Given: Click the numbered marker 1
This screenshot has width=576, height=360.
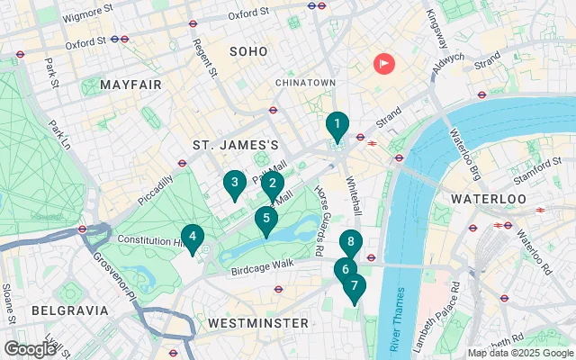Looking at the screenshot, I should point(336,125).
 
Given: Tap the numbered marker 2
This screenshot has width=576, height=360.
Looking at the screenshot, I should point(274,184).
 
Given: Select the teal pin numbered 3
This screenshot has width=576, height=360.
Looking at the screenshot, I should point(234,184).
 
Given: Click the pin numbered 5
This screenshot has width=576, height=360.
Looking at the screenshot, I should point(265,218).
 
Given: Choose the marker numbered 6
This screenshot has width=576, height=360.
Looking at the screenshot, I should point(344,268).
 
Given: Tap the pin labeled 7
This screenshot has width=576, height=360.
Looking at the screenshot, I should point(355,287).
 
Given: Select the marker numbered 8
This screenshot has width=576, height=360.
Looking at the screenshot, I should point(351,242).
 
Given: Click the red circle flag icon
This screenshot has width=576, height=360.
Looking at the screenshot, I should point(384,64).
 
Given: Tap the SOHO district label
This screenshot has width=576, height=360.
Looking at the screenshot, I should point(248,52).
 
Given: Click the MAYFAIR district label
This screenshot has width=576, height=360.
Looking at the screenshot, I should point(130,85).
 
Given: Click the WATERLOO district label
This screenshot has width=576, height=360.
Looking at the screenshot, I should point(487,197).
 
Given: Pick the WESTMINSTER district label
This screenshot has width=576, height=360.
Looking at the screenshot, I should point(257,322).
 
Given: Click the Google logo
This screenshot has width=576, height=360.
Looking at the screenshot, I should point(30,348).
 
